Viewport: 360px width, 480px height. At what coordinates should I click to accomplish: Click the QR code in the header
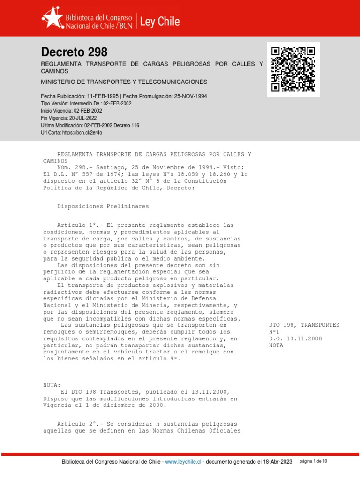coord(293,69)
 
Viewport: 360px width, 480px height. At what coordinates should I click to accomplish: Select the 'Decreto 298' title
coord(74,52)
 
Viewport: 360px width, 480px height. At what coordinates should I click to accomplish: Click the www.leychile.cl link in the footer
coord(183,462)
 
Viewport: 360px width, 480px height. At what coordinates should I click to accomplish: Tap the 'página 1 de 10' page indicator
coord(313,461)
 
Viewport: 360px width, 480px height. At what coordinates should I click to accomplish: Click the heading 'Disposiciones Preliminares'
coord(103,206)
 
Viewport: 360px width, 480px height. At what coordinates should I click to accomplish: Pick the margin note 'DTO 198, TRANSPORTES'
coord(304,325)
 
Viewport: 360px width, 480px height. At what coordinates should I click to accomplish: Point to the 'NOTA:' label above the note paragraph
coord(52,385)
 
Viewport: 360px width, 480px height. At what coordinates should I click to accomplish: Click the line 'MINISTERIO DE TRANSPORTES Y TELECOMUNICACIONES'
coord(124,82)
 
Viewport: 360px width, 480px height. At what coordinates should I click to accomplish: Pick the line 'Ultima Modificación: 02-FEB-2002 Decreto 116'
coord(90,126)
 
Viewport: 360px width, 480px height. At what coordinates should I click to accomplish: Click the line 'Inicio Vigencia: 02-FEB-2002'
coord(72,111)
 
